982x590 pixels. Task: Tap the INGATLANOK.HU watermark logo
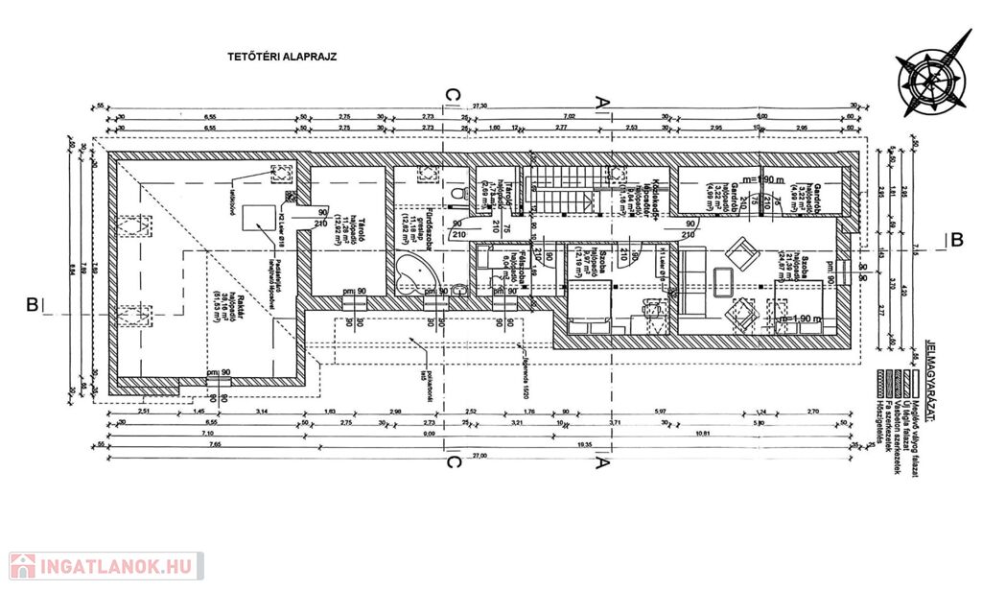[x=105, y=566]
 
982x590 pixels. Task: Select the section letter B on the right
[x=955, y=240]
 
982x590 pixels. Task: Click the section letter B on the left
[x=32, y=305]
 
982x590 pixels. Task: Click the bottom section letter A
[x=601, y=462]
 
